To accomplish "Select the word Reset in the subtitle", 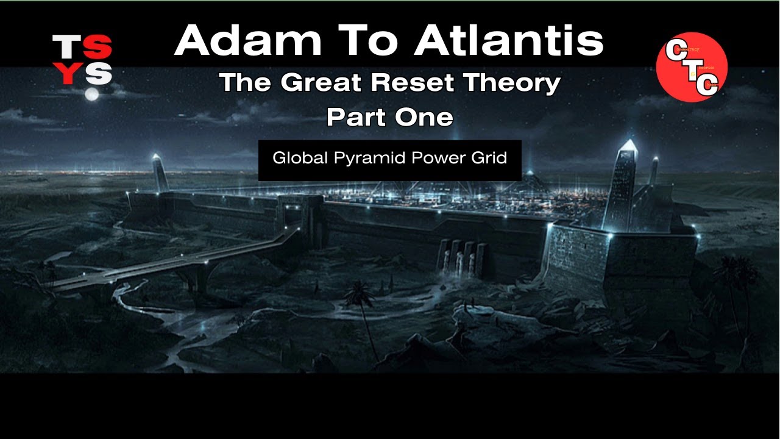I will (x=403, y=82).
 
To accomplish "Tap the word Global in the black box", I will (x=300, y=158).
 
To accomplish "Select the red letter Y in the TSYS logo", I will (x=66, y=74).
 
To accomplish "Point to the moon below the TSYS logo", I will (x=91, y=94).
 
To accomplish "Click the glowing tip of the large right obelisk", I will (x=628, y=146).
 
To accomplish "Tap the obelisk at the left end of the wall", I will (x=160, y=174).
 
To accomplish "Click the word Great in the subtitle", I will (x=328, y=82).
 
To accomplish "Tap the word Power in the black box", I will (x=438, y=158).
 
